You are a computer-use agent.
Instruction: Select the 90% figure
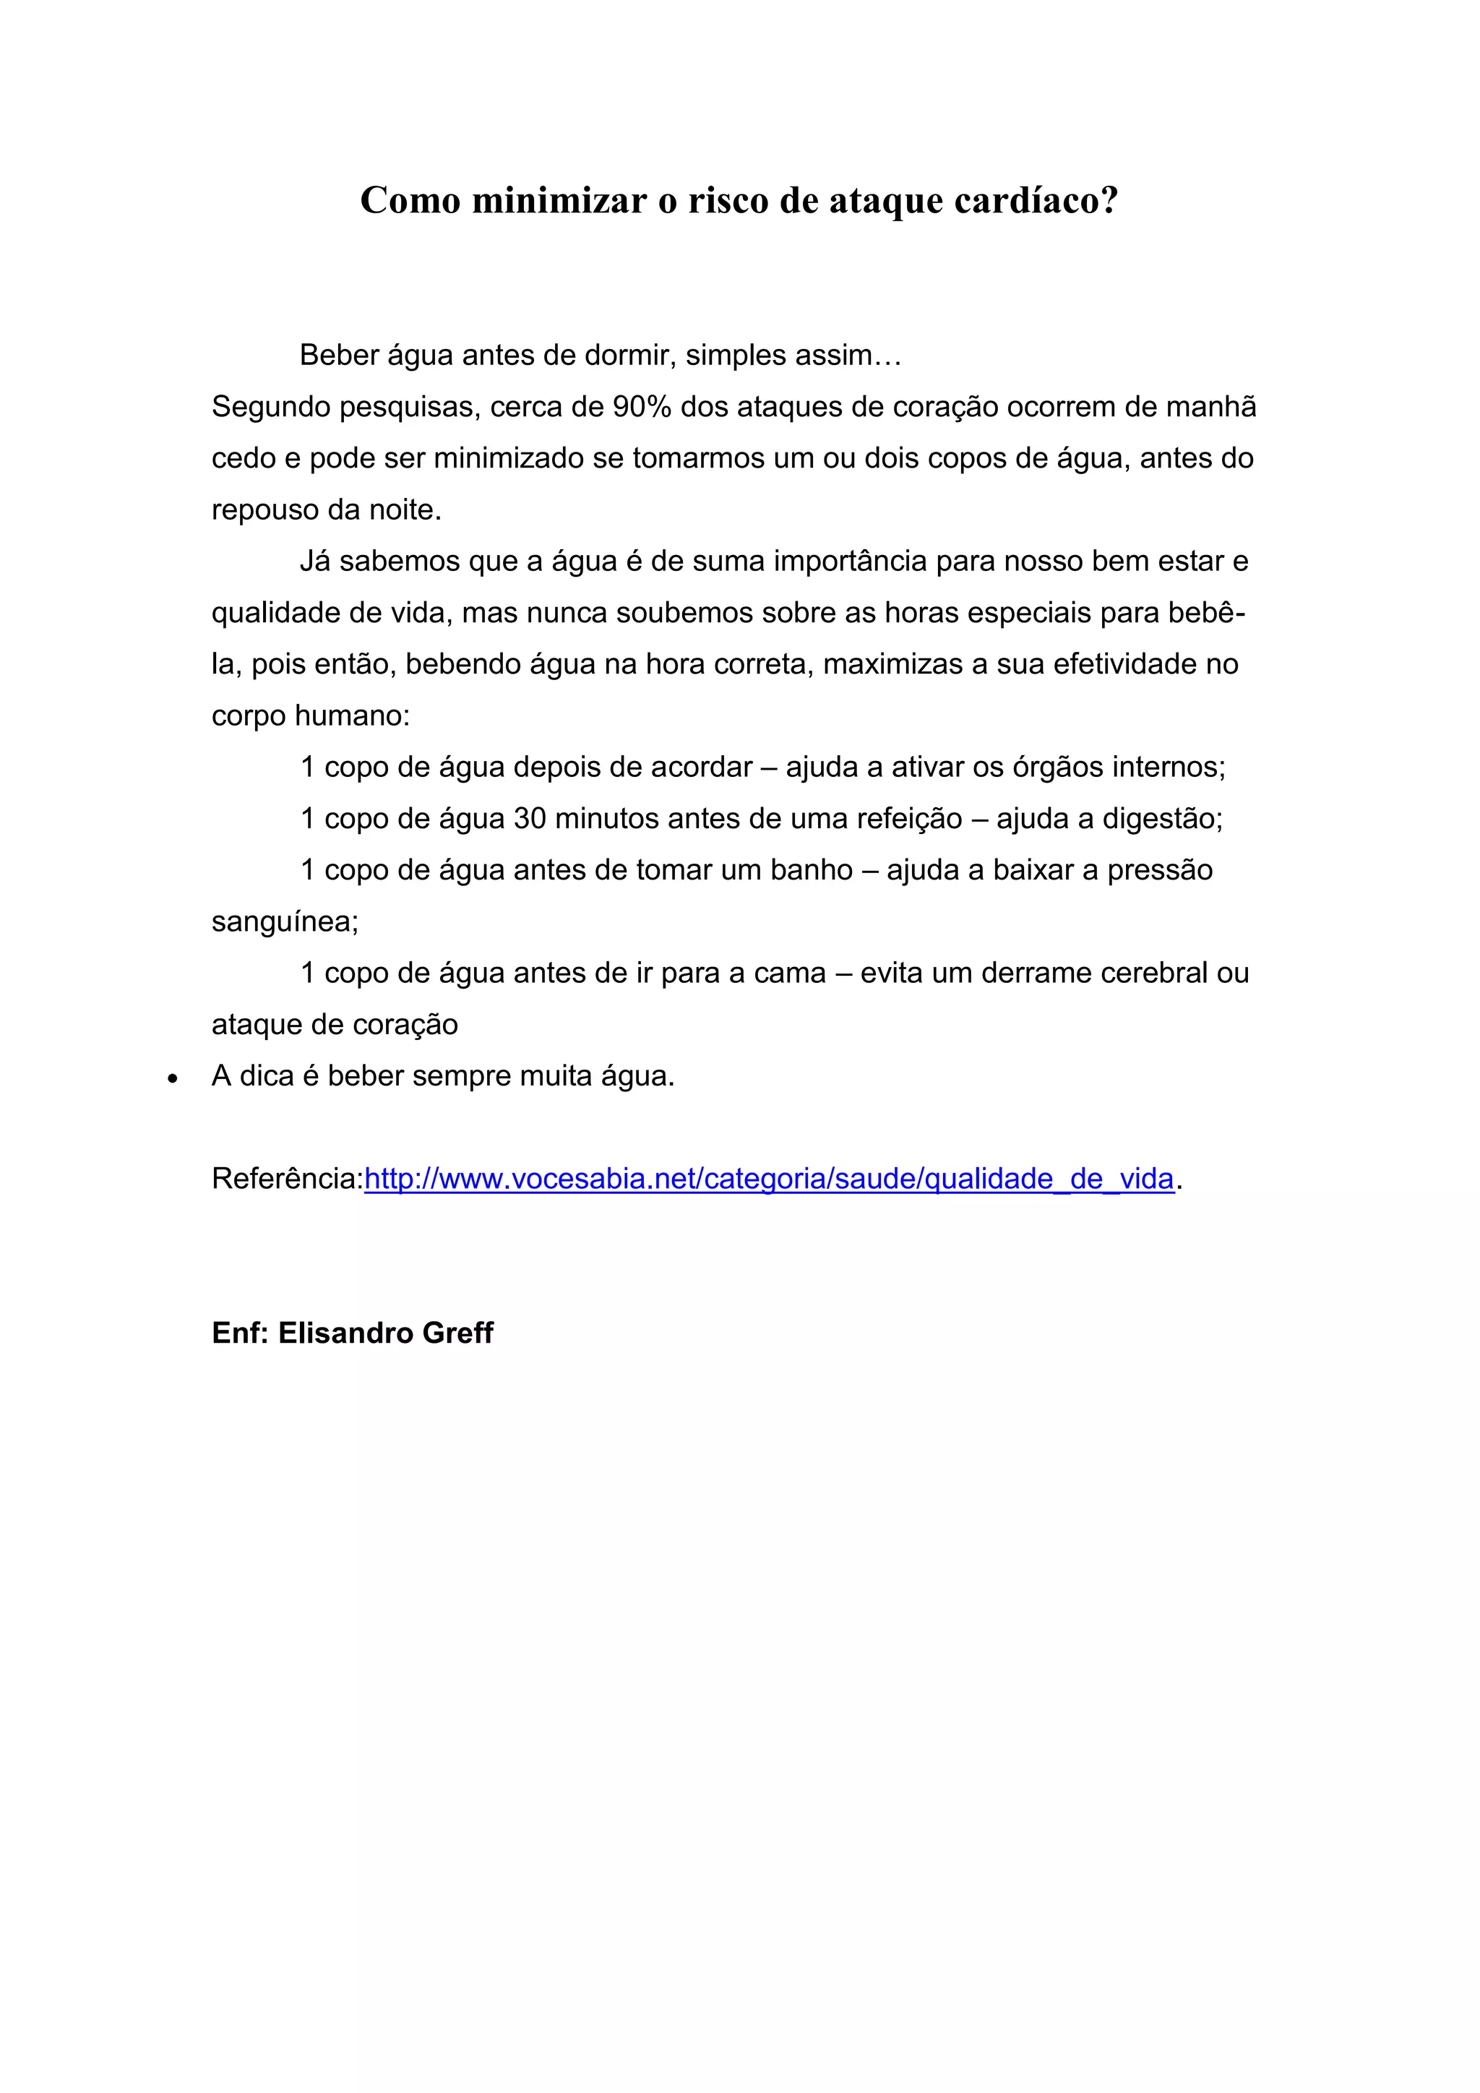click(x=642, y=407)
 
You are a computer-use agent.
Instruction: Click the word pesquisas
click(x=409, y=407)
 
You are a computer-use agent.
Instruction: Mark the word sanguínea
click(x=284, y=921)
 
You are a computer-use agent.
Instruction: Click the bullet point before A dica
click(x=172, y=1078)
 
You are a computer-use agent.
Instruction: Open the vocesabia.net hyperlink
click(x=768, y=1179)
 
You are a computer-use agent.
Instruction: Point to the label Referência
click(x=287, y=1179)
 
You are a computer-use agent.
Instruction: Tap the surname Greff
click(x=457, y=1333)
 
